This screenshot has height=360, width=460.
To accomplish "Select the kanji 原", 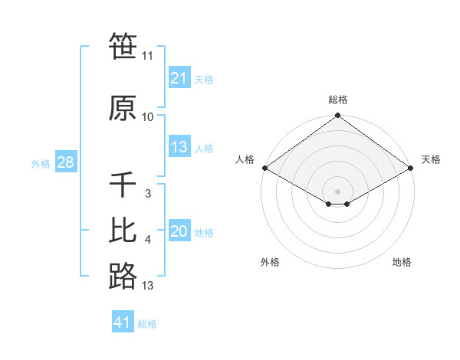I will point(123,108).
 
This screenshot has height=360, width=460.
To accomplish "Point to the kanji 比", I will point(123,231).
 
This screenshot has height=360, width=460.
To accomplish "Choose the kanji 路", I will point(123,276).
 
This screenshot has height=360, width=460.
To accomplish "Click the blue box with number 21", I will point(179,78).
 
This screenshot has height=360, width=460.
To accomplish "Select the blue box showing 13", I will point(179,147).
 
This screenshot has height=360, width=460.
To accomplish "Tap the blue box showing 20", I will point(179,231).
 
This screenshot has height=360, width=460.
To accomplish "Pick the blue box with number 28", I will point(65,162).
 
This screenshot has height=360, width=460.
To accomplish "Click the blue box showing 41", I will point(123,322).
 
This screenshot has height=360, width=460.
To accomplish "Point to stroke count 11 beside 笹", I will point(147,56).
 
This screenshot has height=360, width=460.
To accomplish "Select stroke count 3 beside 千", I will point(147,194).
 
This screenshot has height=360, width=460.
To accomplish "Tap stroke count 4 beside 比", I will point(147,240).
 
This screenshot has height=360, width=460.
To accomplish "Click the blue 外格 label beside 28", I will point(41,163).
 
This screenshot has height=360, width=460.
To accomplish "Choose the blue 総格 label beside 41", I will point(147,324).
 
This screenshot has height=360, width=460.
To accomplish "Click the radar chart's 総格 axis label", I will point(337,100).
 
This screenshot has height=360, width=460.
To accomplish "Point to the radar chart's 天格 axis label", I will point(431,159).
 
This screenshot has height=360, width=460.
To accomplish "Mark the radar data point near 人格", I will point(264,168).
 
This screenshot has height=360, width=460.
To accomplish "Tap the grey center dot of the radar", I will point(337,191).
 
